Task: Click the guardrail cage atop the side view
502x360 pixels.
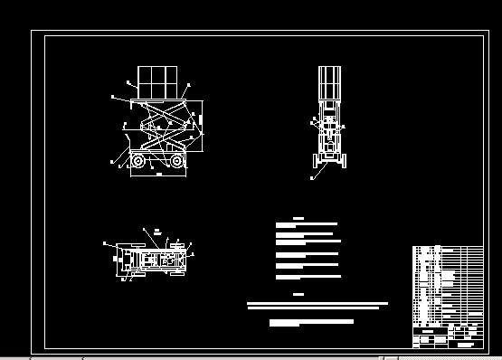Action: tap(156, 82)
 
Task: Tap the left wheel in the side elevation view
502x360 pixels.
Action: tap(137, 161)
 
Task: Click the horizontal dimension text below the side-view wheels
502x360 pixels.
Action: tap(159, 174)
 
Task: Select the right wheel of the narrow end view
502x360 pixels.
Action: tap(344, 161)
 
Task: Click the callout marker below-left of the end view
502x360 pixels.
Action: tap(311, 178)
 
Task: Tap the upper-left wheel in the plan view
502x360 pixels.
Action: tap(136, 246)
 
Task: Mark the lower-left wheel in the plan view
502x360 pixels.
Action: tap(136, 270)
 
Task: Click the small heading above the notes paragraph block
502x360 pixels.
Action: tap(298, 218)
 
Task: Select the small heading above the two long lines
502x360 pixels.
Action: tap(298, 295)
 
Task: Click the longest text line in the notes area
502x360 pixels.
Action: tap(317, 304)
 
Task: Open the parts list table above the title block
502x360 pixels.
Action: tap(448, 282)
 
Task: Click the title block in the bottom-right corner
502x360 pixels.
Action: tap(448, 336)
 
